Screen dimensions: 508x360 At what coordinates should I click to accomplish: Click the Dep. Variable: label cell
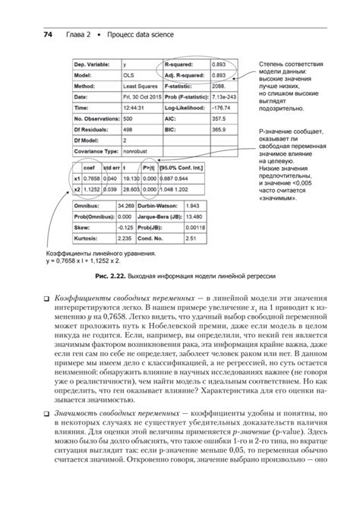(x=93, y=65)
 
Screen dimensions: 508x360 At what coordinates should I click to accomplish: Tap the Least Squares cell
(x=137, y=87)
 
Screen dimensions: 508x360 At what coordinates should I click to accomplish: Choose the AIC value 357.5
(x=219, y=118)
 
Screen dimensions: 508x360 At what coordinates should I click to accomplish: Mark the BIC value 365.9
(x=219, y=130)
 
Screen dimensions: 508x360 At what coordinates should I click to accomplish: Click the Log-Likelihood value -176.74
(x=220, y=108)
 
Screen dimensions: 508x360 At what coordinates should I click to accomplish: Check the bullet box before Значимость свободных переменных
(x=46, y=411)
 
